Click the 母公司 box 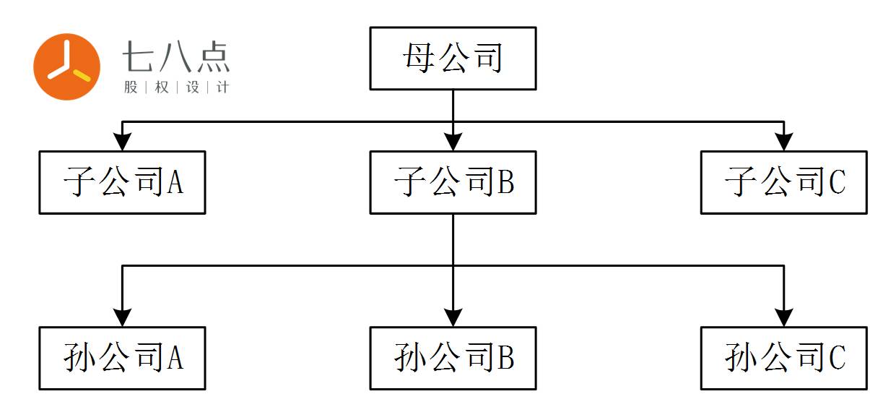453,59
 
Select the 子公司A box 122,182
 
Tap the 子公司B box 453,182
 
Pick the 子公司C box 783,182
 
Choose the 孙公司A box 122,358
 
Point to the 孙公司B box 453,358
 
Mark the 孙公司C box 783,358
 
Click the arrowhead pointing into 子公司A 123,142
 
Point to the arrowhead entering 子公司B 453,142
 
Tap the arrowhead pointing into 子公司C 783,142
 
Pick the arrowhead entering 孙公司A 123,317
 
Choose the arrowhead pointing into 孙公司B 453,317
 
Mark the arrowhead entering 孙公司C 783,317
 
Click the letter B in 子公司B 505,183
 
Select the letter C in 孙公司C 837,359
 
